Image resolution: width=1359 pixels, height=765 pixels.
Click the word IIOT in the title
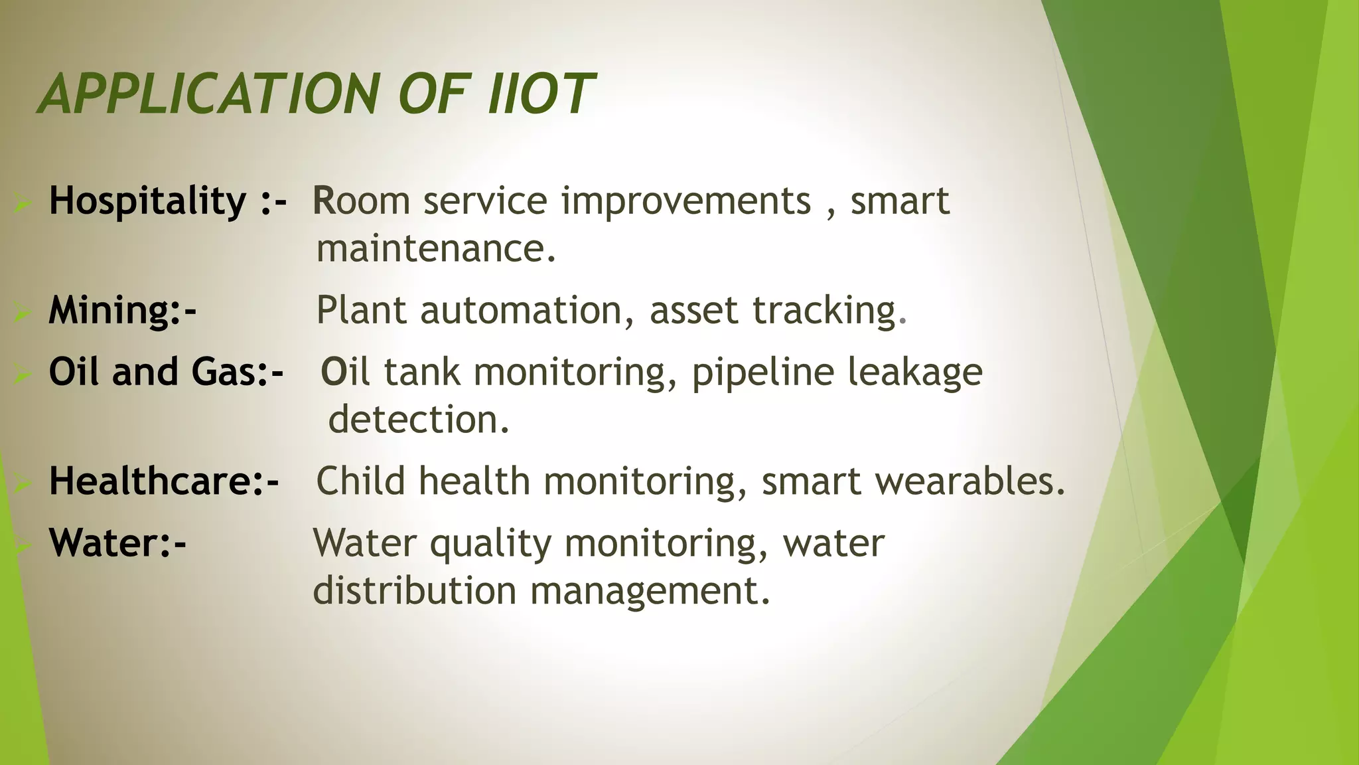pyautogui.click(x=539, y=94)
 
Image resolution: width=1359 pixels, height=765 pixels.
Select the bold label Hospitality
pyautogui.click(x=147, y=201)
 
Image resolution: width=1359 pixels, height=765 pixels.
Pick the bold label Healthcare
pyautogui.click(x=157, y=481)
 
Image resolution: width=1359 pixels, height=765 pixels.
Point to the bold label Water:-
pyautogui.click(x=117, y=543)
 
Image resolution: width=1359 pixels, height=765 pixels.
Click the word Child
pyautogui.click(x=360, y=481)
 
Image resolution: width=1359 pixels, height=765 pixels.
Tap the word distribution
pyautogui.click(x=414, y=590)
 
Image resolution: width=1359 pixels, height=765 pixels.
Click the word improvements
pyautogui.click(x=686, y=201)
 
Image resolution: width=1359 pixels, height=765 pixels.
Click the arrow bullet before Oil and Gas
pyautogui.click(x=21, y=375)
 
